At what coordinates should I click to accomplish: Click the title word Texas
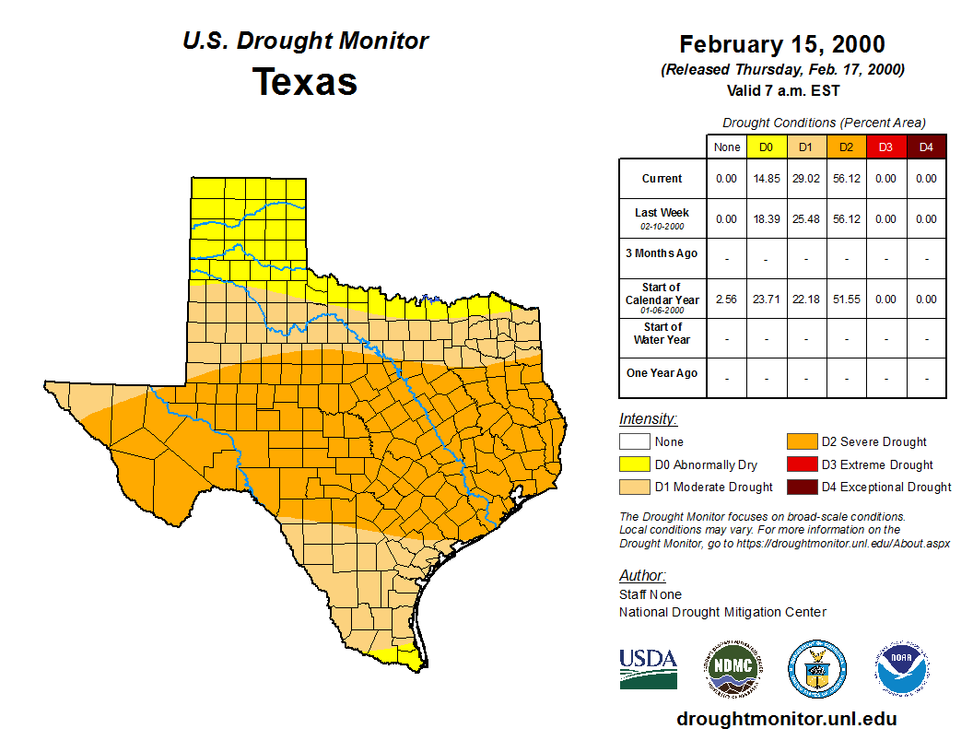pyautogui.click(x=305, y=82)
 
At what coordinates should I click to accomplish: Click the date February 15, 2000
pyautogui.click(x=782, y=44)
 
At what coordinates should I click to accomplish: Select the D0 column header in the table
pyautogui.click(x=766, y=147)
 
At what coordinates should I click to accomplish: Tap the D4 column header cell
pyautogui.click(x=926, y=147)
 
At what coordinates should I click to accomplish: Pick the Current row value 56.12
pyautogui.click(x=846, y=179)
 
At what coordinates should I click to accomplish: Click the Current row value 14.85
pyautogui.click(x=766, y=179)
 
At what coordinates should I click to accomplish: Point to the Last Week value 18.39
pyautogui.click(x=766, y=219)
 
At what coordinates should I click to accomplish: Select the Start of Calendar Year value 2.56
pyautogui.click(x=726, y=300)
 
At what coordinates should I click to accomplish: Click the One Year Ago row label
pyautogui.click(x=662, y=373)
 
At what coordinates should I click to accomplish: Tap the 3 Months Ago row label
pyautogui.click(x=662, y=253)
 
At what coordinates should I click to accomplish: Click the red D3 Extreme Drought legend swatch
pyautogui.click(x=801, y=464)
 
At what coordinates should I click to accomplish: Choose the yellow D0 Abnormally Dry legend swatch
pyautogui.click(x=634, y=464)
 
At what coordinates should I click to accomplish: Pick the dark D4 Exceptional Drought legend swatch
pyautogui.click(x=801, y=487)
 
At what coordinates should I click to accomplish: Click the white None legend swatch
pyautogui.click(x=634, y=442)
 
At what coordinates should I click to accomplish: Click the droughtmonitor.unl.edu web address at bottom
pyautogui.click(x=786, y=719)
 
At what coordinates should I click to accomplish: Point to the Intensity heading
pyautogui.click(x=648, y=419)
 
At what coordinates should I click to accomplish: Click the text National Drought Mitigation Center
pyautogui.click(x=722, y=612)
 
